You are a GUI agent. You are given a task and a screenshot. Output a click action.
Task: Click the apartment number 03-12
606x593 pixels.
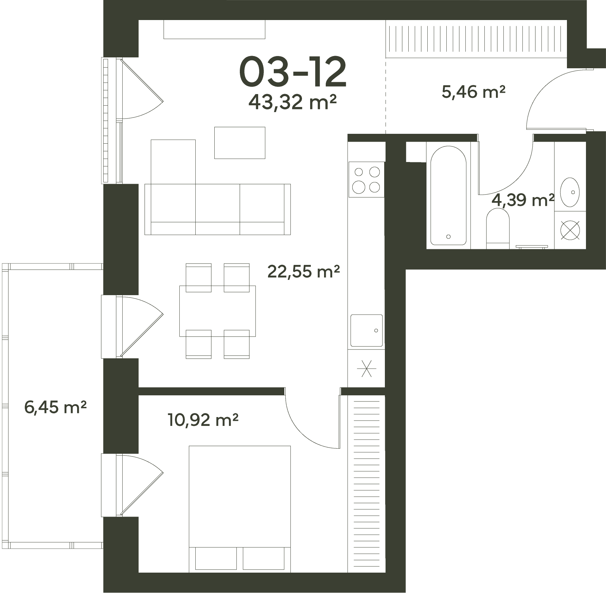pyautogui.click(x=293, y=72)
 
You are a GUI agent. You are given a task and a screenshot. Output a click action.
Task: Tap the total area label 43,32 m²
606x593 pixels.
pyautogui.click(x=292, y=102)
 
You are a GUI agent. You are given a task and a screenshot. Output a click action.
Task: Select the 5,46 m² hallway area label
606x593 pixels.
pyautogui.click(x=474, y=92)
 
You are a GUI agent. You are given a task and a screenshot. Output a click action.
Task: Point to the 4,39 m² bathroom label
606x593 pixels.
pyautogui.click(x=523, y=200)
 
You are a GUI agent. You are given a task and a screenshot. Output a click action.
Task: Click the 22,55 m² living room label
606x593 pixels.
pyautogui.click(x=304, y=272)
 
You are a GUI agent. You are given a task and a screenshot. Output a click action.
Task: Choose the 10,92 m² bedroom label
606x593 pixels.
pyautogui.click(x=203, y=420)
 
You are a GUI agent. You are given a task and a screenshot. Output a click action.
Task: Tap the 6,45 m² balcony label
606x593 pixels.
pyautogui.click(x=55, y=407)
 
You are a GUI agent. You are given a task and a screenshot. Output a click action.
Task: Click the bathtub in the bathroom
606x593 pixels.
pyautogui.click(x=448, y=195)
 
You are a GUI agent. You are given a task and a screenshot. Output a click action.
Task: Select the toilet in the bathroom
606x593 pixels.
pyautogui.click(x=498, y=228)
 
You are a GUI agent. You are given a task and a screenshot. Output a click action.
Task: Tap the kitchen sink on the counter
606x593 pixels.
pyautogui.click(x=367, y=330)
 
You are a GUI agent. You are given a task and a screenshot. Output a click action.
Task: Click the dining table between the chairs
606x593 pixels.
pyautogui.click(x=217, y=311)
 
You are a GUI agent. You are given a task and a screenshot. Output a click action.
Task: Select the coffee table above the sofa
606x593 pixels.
pyautogui.click(x=239, y=143)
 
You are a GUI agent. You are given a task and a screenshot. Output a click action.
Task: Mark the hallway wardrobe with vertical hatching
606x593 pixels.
pyautogui.click(x=476, y=39)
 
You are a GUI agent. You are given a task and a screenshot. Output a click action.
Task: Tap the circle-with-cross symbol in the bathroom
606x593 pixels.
pyautogui.click(x=570, y=230)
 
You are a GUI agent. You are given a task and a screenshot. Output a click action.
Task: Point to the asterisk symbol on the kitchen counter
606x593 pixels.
pyautogui.click(x=366, y=368)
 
